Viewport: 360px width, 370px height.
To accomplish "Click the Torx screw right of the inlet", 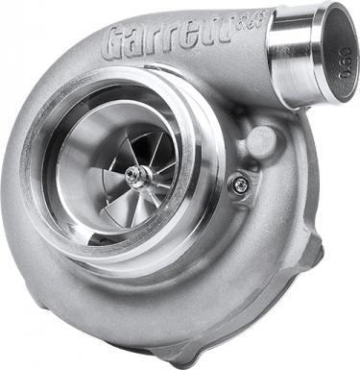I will pyautogui.click(x=240, y=185).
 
